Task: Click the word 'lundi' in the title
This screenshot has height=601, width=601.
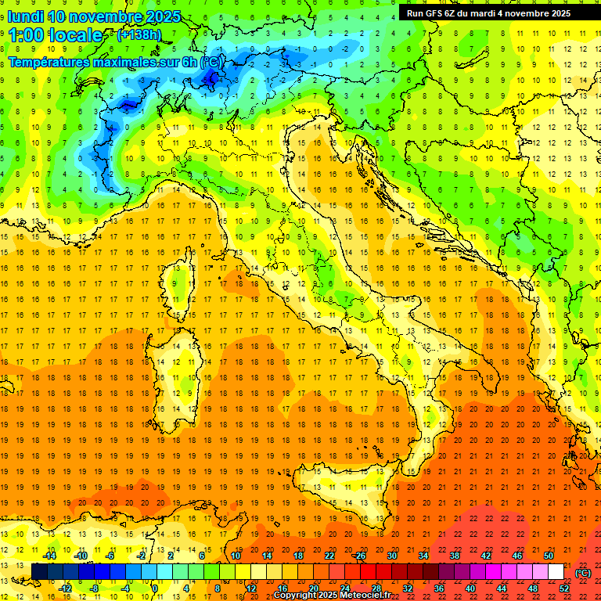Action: tap(25, 16)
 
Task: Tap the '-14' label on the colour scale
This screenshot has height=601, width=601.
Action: tap(49, 556)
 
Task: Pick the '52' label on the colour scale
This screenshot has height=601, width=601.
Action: tap(564, 588)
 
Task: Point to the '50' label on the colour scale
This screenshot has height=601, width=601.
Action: tap(549, 556)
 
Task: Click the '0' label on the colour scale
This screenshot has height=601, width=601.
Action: tap(156, 588)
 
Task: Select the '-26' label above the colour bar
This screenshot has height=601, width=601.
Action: tap(359, 556)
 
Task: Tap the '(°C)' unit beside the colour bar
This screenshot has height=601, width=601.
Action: tap(582, 572)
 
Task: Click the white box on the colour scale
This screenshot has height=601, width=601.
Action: tap(556, 572)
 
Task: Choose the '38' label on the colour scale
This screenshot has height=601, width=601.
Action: tap(454, 556)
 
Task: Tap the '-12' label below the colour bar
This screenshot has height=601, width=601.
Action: tap(65, 588)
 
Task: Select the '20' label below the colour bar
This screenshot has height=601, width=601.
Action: tap(313, 588)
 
